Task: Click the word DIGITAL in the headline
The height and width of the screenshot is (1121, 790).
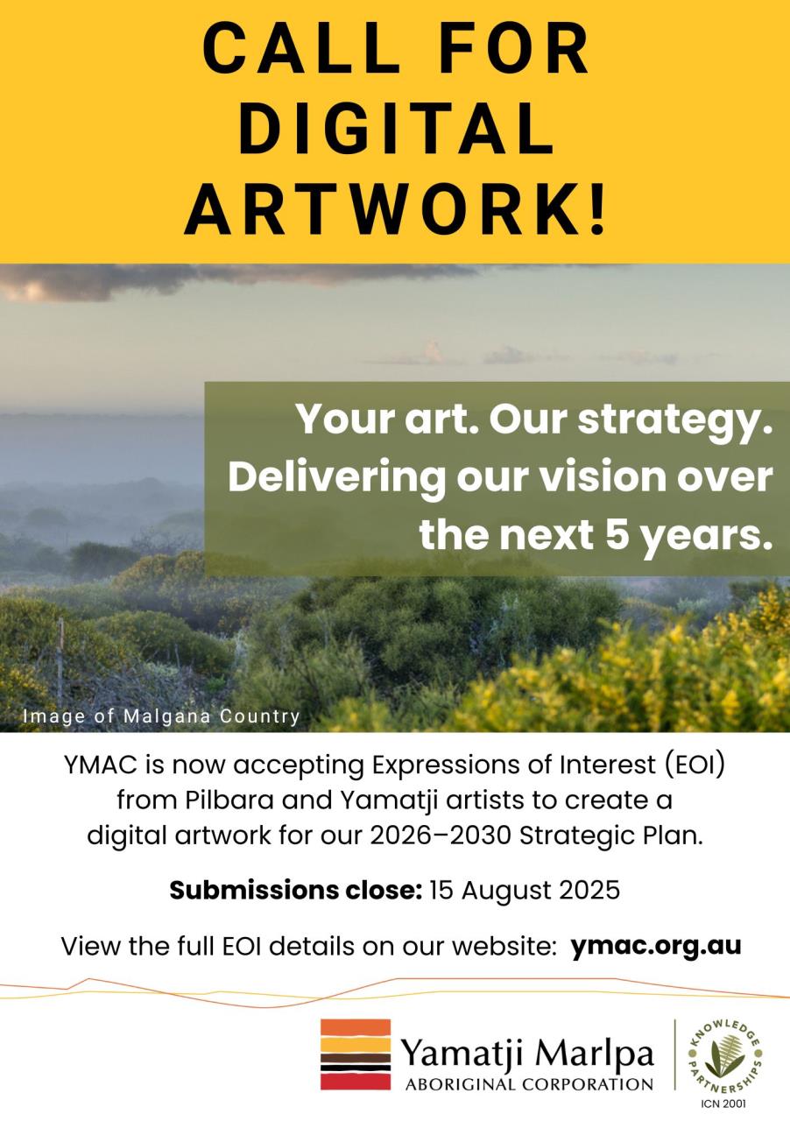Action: (397, 129)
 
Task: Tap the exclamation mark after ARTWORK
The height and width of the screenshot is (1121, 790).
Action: (596, 208)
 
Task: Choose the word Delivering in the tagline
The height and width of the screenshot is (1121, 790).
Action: (336, 479)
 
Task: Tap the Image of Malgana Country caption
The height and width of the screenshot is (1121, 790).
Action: (161, 716)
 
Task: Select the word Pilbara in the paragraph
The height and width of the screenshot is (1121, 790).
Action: (229, 800)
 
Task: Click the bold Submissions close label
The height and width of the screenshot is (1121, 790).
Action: (296, 891)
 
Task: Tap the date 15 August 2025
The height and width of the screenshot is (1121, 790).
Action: (525, 891)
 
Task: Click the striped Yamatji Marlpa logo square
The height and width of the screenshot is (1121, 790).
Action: (356, 1054)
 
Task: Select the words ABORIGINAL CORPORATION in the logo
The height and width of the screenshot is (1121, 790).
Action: (529, 1084)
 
